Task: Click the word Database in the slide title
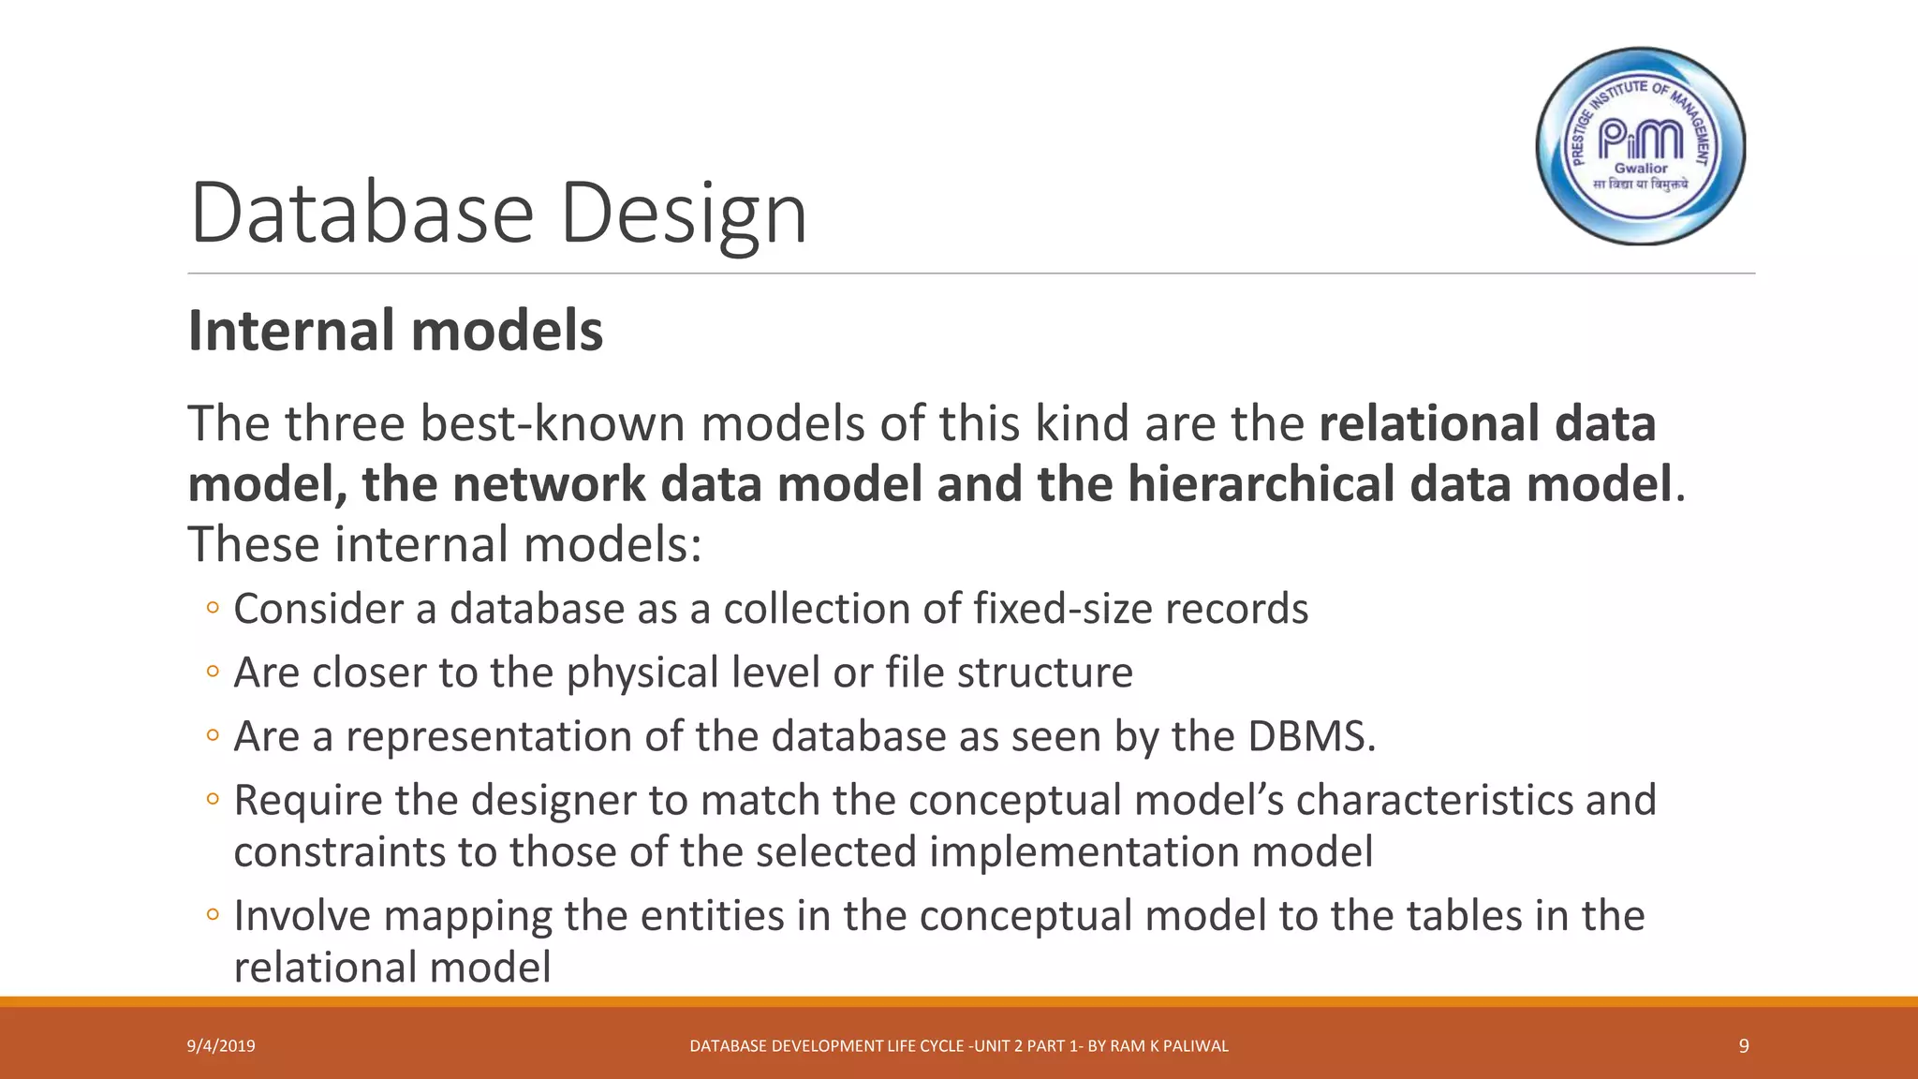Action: pyautogui.click(x=361, y=214)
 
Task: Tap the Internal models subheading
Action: pyautogui.click(x=395, y=332)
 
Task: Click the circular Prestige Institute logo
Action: pyautogui.click(x=1641, y=146)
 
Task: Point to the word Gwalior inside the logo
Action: pyautogui.click(x=1641, y=169)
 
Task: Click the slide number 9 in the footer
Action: pyautogui.click(x=1743, y=1046)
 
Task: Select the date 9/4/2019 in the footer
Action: pyautogui.click(x=221, y=1046)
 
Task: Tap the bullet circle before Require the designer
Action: pyautogui.click(x=213, y=800)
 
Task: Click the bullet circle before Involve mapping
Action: pyautogui.click(x=213, y=915)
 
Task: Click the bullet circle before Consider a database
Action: pyautogui.click(x=213, y=609)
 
